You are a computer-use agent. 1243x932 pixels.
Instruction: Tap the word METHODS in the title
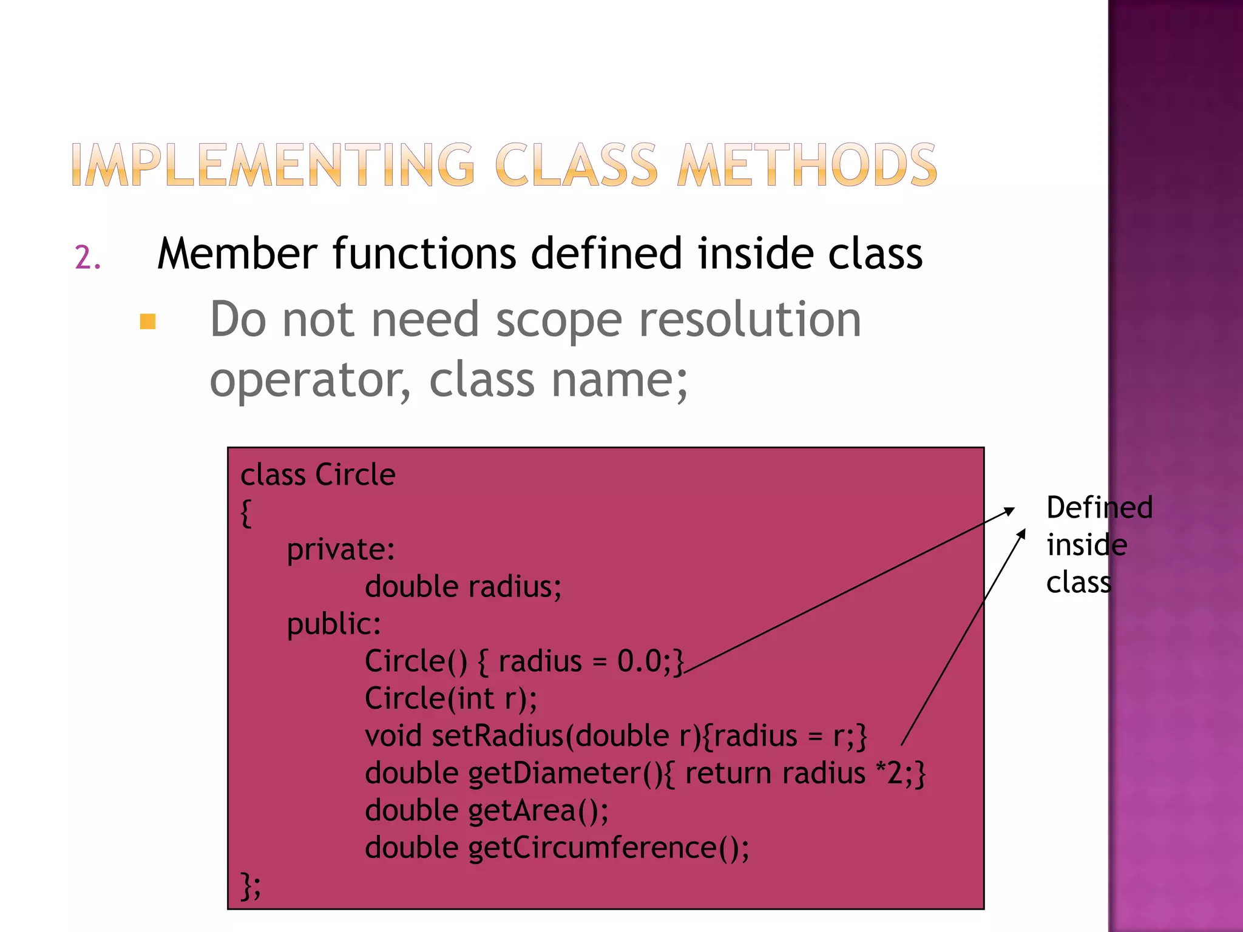[807, 164]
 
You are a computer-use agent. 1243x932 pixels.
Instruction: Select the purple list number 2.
[87, 258]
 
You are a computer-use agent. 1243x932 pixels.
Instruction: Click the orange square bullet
[147, 321]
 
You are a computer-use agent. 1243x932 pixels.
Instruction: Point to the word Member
[237, 254]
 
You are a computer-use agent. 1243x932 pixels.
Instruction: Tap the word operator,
[310, 381]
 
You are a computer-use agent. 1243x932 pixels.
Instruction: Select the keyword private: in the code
[340, 550]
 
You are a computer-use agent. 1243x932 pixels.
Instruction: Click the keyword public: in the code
[334, 624]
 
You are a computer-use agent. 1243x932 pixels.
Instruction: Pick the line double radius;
[463, 587]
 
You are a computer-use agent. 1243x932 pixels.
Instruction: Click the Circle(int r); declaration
[451, 698]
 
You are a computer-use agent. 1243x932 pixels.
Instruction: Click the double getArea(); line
[487, 811]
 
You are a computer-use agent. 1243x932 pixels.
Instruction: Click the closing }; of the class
[251, 885]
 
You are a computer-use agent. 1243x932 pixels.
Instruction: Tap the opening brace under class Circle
[246, 513]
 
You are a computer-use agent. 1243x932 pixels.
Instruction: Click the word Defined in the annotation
[1099, 507]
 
